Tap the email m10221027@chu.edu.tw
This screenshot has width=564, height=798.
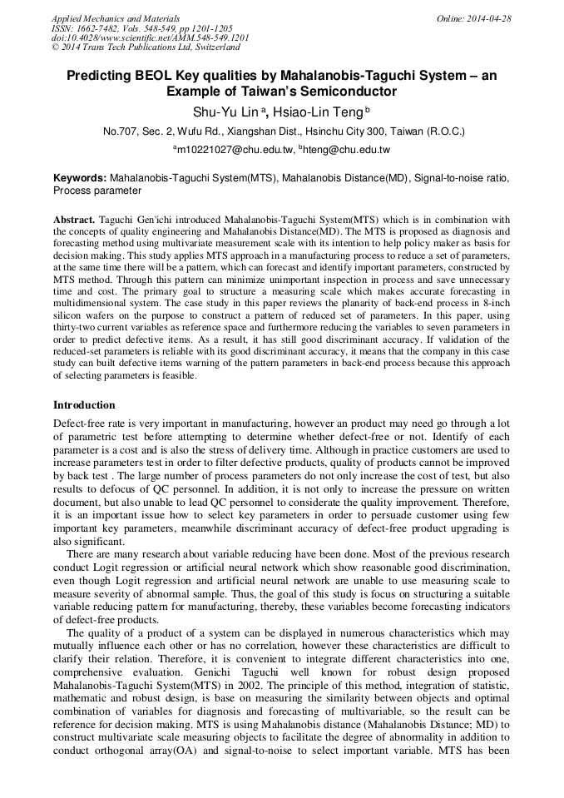tap(235, 150)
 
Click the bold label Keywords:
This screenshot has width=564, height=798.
tap(80, 178)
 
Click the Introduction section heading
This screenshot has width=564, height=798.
tap(84, 405)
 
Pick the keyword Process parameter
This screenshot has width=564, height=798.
tap(95, 191)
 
